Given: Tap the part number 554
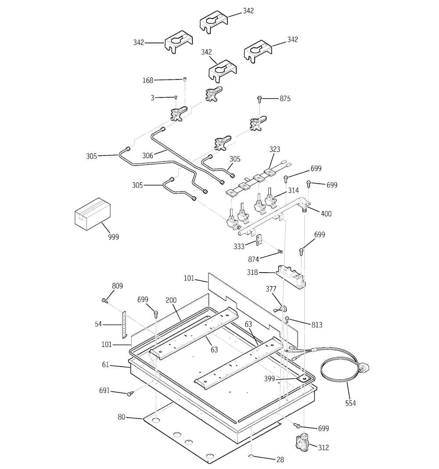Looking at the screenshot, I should click(x=350, y=403).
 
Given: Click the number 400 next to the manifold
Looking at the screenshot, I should click(x=326, y=214).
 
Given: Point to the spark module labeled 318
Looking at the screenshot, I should click(x=290, y=276).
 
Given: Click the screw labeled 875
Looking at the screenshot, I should click(x=260, y=98).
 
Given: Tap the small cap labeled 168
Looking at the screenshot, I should click(x=185, y=79).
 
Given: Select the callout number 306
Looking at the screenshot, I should click(x=148, y=155).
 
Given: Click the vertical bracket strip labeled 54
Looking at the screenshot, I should click(x=124, y=324).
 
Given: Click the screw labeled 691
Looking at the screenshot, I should click(x=130, y=394).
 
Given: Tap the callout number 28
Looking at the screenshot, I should click(x=280, y=460).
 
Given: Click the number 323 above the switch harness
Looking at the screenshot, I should click(x=274, y=149).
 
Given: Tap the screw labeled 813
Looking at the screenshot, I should click(x=288, y=319).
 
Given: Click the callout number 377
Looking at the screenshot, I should click(x=271, y=289).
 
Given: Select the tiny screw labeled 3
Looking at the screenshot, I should click(x=176, y=97).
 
